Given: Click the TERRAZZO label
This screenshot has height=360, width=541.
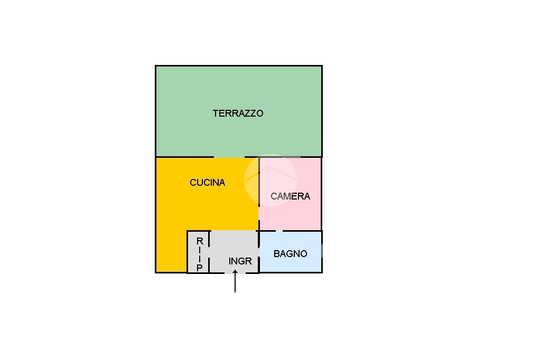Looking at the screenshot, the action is pyautogui.click(x=238, y=113).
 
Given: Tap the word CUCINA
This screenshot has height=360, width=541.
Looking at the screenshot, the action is pyautogui.click(x=207, y=183).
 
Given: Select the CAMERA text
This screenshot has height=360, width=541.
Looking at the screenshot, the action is pyautogui.click(x=290, y=196).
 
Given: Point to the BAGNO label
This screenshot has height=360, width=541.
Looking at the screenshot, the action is pyautogui.click(x=290, y=254).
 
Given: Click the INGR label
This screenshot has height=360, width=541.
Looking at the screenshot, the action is pyautogui.click(x=240, y=261).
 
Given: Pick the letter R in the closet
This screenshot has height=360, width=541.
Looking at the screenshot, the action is pyautogui.click(x=200, y=241).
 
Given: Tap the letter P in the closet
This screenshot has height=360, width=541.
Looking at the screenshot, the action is pyautogui.click(x=199, y=268).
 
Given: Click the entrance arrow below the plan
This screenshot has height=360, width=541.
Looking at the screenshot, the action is pyautogui.click(x=235, y=281).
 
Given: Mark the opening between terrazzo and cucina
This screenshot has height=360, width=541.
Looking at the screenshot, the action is pyautogui.click(x=229, y=157).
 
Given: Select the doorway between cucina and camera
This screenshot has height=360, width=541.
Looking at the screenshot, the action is pyautogui.click(x=259, y=213).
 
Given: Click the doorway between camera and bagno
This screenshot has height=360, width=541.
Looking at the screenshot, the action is pyautogui.click(x=279, y=231).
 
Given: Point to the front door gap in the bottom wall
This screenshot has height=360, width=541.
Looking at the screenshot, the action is pyautogui.click(x=235, y=273).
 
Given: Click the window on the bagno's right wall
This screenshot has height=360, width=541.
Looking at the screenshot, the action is pyautogui.click(x=322, y=251).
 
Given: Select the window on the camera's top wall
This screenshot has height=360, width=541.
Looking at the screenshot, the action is pyautogui.click(x=292, y=157).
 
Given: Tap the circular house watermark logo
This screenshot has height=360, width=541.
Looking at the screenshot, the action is pyautogui.click(x=270, y=180).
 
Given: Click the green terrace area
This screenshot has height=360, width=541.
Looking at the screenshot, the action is pyautogui.click(x=239, y=111).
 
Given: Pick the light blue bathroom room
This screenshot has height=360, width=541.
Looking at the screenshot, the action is pyautogui.click(x=291, y=252).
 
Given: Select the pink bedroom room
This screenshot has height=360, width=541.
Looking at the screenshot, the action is pyautogui.click(x=290, y=194).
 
